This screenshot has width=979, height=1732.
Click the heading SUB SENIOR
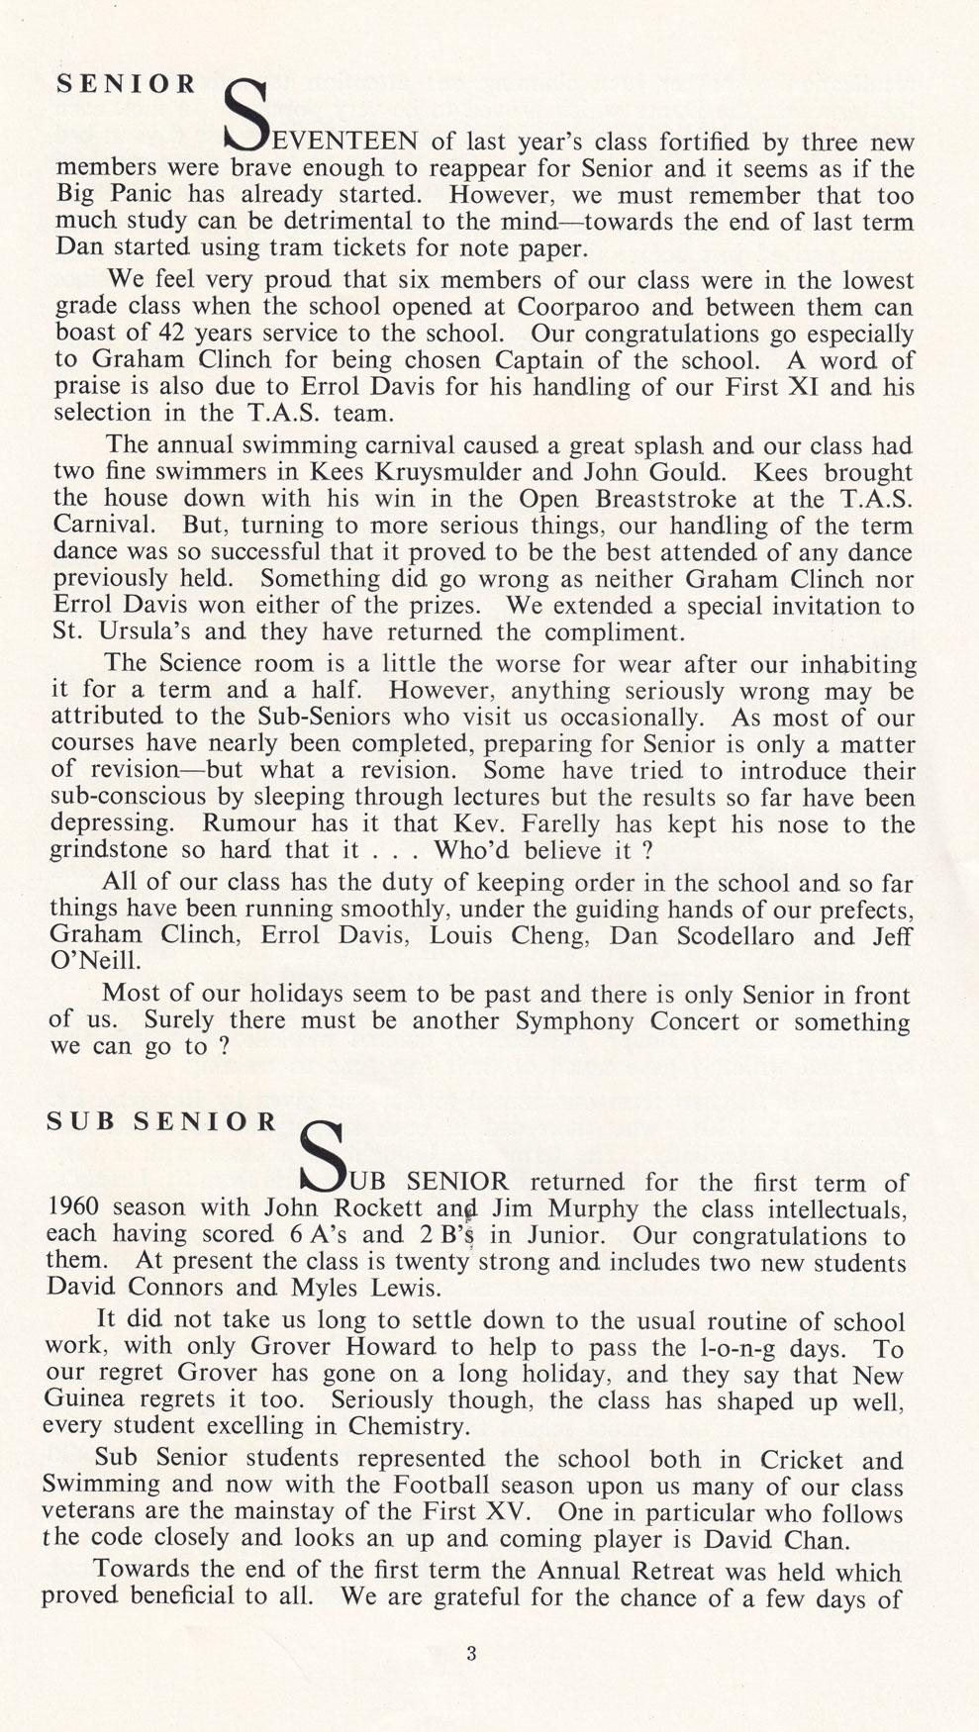163,1121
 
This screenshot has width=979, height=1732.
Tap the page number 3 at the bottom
471,1652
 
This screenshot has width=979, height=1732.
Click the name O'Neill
92,960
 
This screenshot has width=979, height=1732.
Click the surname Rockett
378,1207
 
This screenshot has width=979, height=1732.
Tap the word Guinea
87,1400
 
